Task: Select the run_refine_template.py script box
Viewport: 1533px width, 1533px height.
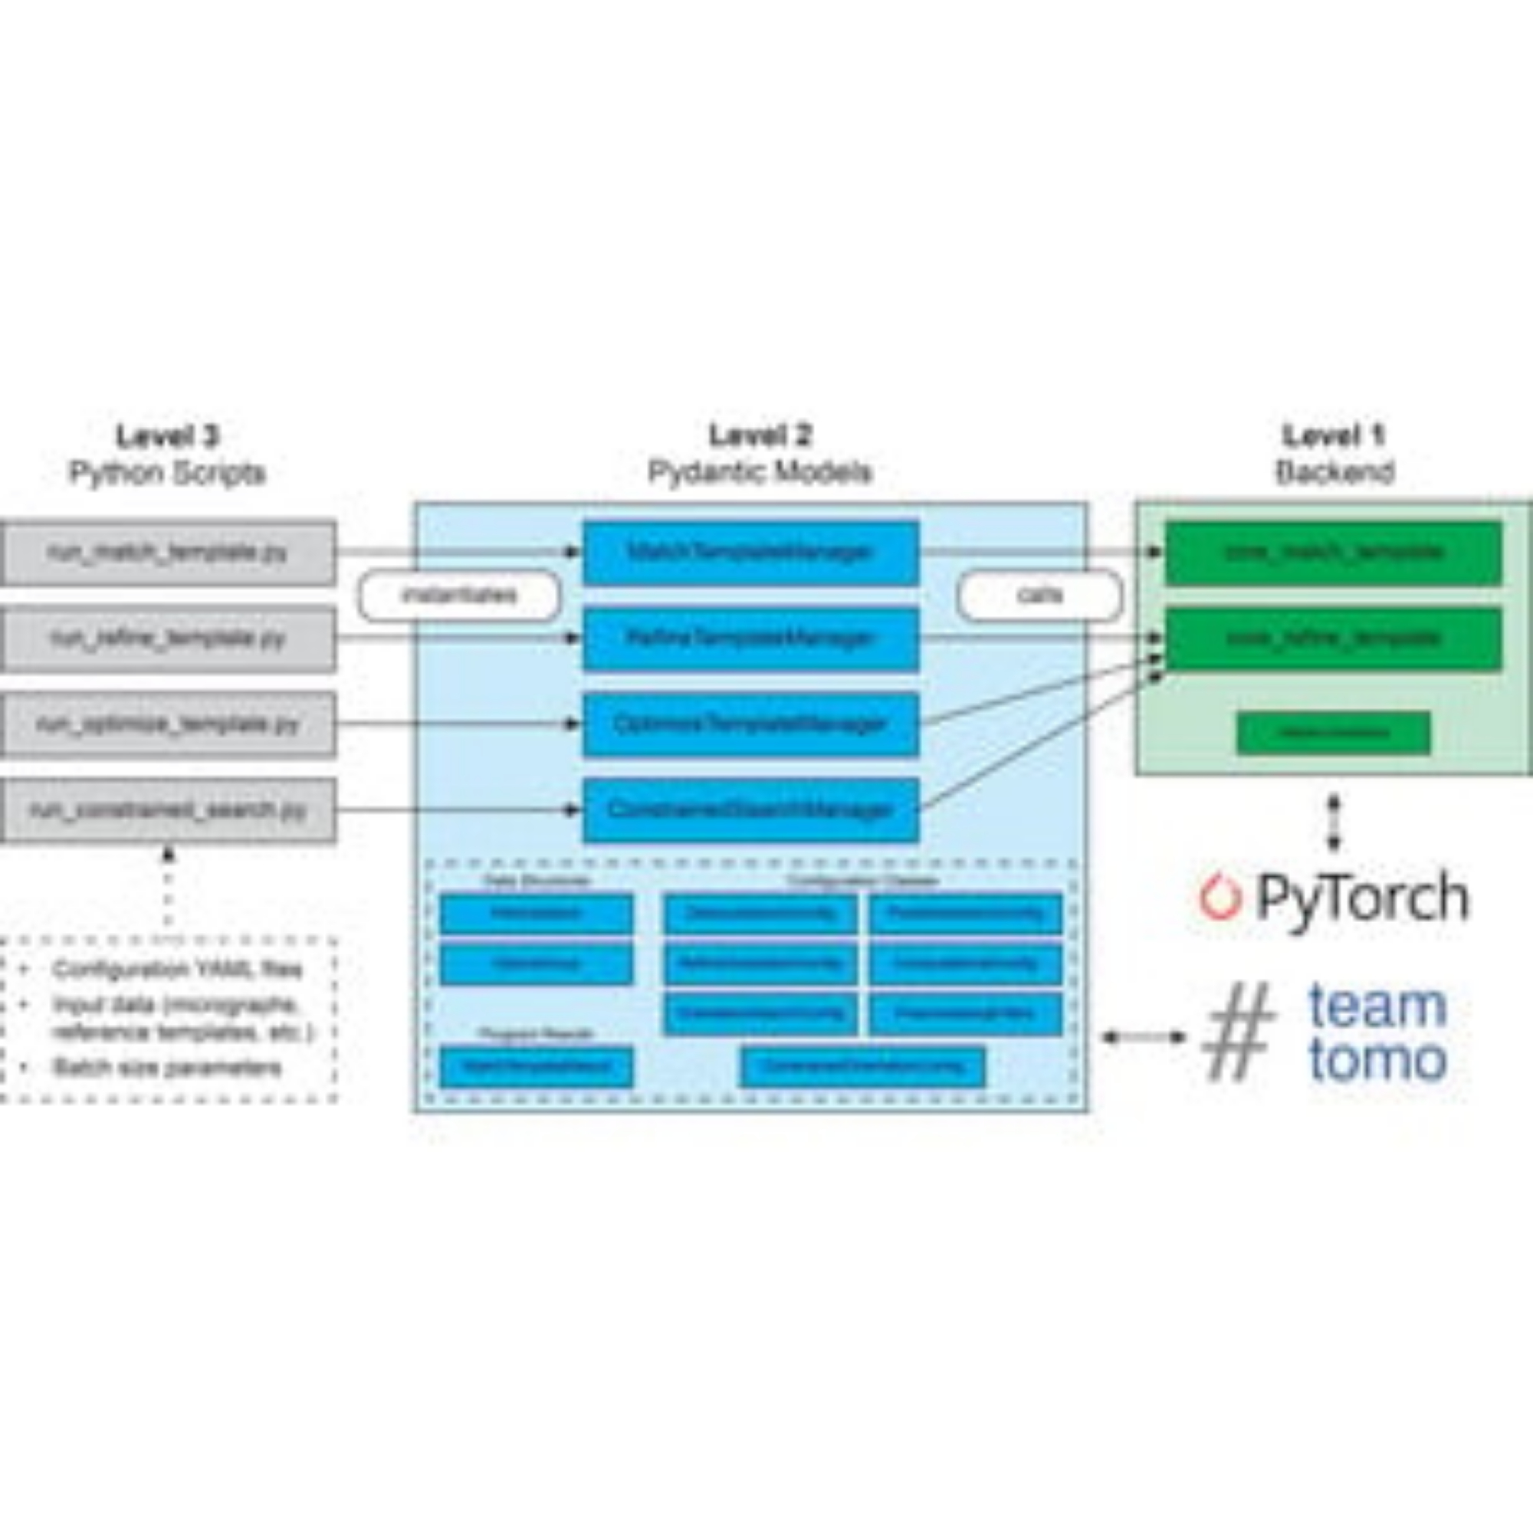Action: pyautogui.click(x=167, y=638)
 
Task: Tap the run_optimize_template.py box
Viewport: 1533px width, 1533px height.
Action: pyautogui.click(x=167, y=724)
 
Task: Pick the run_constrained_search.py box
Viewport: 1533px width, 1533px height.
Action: pyautogui.click(x=167, y=810)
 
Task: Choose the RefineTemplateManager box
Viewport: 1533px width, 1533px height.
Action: pyautogui.click(x=750, y=638)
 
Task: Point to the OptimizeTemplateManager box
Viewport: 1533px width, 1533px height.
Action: pyautogui.click(x=750, y=724)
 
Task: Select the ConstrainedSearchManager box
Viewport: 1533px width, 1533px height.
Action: pyautogui.click(x=750, y=810)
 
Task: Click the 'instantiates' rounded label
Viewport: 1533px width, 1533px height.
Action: pyautogui.click(x=459, y=595)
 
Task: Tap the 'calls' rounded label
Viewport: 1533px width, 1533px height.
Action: pyautogui.click(x=1039, y=595)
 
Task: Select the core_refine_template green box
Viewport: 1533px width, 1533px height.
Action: pyautogui.click(x=1333, y=638)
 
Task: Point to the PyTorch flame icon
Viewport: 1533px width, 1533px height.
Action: pyautogui.click(x=1219, y=898)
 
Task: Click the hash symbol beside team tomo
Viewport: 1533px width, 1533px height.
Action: pyautogui.click(x=1239, y=1032)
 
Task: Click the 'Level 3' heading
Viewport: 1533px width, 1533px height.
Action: pyautogui.click(x=167, y=435)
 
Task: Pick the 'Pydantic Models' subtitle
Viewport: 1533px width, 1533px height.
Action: pyautogui.click(x=760, y=473)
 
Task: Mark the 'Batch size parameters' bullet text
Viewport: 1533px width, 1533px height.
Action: pyautogui.click(x=167, y=1068)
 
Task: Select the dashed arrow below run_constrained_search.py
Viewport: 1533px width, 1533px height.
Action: pyautogui.click(x=167, y=888)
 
